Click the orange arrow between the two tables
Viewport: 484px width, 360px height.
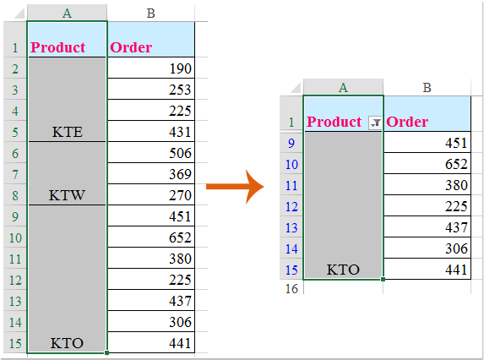235,187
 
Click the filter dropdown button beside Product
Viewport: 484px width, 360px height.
375,123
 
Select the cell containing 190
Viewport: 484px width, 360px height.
151,68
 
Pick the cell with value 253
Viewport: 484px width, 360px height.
151,90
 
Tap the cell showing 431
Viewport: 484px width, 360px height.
151,132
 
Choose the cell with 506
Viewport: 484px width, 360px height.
151,152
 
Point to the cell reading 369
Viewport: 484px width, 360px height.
151,173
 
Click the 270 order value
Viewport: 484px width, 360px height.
151,195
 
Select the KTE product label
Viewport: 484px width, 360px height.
68,132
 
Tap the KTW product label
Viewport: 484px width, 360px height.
67,195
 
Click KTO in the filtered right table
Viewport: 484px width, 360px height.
343,270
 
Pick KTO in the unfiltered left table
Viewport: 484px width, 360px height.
67,343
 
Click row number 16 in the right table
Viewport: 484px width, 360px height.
291,289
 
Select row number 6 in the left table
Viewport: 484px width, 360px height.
15,153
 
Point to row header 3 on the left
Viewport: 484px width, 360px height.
15,90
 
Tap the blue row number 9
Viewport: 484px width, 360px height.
291,144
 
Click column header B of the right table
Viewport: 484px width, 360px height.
427,88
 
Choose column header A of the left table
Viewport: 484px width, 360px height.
67,14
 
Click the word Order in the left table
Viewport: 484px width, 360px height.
131,47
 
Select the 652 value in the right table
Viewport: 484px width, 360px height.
456,164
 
